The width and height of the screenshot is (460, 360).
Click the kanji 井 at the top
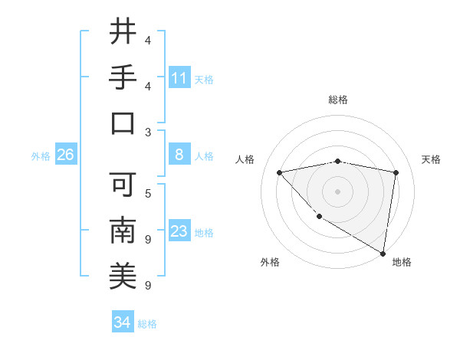123,32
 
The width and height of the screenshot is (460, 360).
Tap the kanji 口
123,123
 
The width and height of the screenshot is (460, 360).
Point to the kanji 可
123,184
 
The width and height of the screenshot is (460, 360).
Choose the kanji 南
123,230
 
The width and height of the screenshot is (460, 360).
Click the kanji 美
123,276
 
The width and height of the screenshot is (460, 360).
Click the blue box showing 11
179,77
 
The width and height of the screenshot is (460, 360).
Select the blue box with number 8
179,155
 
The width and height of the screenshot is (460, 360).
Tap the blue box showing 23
179,231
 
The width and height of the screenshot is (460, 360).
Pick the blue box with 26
65,155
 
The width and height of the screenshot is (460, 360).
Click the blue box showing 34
122,322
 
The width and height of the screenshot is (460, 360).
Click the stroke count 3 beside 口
147,133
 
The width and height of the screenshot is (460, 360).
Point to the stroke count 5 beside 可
147,193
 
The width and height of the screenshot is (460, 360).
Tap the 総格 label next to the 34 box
147,324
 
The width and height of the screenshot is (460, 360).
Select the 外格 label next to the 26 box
41,156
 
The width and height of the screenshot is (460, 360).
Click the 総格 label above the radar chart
337,100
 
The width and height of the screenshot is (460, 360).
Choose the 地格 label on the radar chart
402,263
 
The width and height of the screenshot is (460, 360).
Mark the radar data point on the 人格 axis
280,172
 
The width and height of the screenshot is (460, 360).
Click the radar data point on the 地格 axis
382,253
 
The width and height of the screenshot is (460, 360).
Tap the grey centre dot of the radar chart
337,191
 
